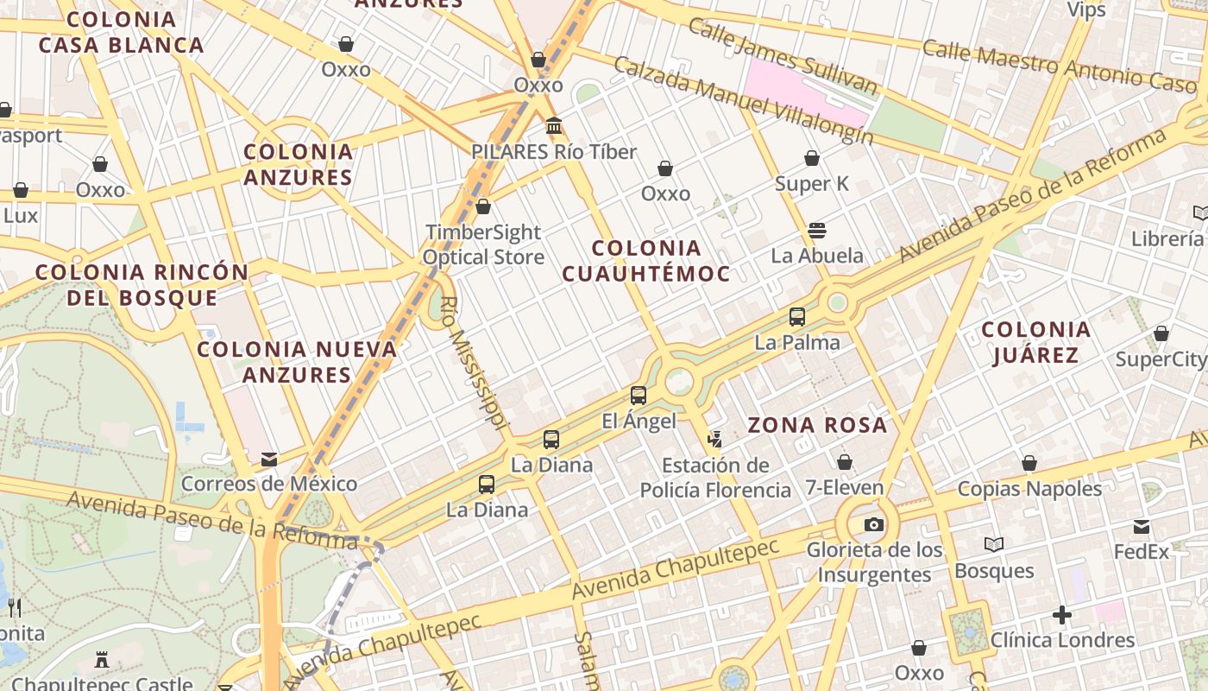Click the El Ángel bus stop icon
[x=639, y=396]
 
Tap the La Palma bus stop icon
[x=797, y=317]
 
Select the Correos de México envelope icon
[x=269, y=459]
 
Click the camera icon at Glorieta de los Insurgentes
[x=873, y=524]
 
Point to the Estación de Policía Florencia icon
[x=714, y=440]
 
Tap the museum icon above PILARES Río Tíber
[x=554, y=127]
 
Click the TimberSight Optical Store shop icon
[x=483, y=206]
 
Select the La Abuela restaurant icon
[x=817, y=231]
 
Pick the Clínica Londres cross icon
[x=1062, y=615]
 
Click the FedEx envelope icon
[x=1142, y=526]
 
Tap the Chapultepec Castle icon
[x=102, y=661]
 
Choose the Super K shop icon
[x=812, y=158]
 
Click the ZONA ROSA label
[x=817, y=425]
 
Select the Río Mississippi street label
[x=472, y=364]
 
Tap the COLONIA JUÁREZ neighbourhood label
[x=1035, y=342]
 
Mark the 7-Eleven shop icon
[x=845, y=462]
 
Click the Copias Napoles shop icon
[x=1029, y=464]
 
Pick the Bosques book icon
[x=994, y=544]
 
